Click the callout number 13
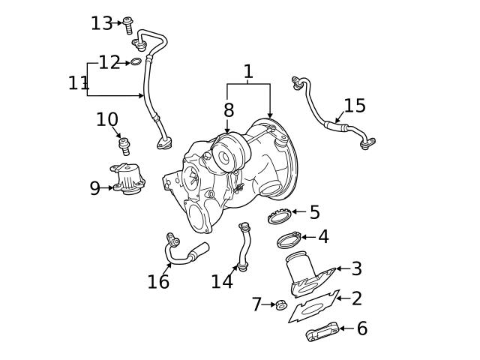tap(101, 23)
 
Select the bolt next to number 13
tap(128, 25)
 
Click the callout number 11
tap(78, 82)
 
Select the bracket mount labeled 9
tap(129, 181)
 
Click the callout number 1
tap(248, 72)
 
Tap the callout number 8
tap(229, 110)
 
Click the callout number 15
tap(354, 106)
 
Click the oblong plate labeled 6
tap(321, 332)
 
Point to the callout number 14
tap(222, 281)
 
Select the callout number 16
tap(158, 281)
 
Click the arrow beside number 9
tap(108, 187)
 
